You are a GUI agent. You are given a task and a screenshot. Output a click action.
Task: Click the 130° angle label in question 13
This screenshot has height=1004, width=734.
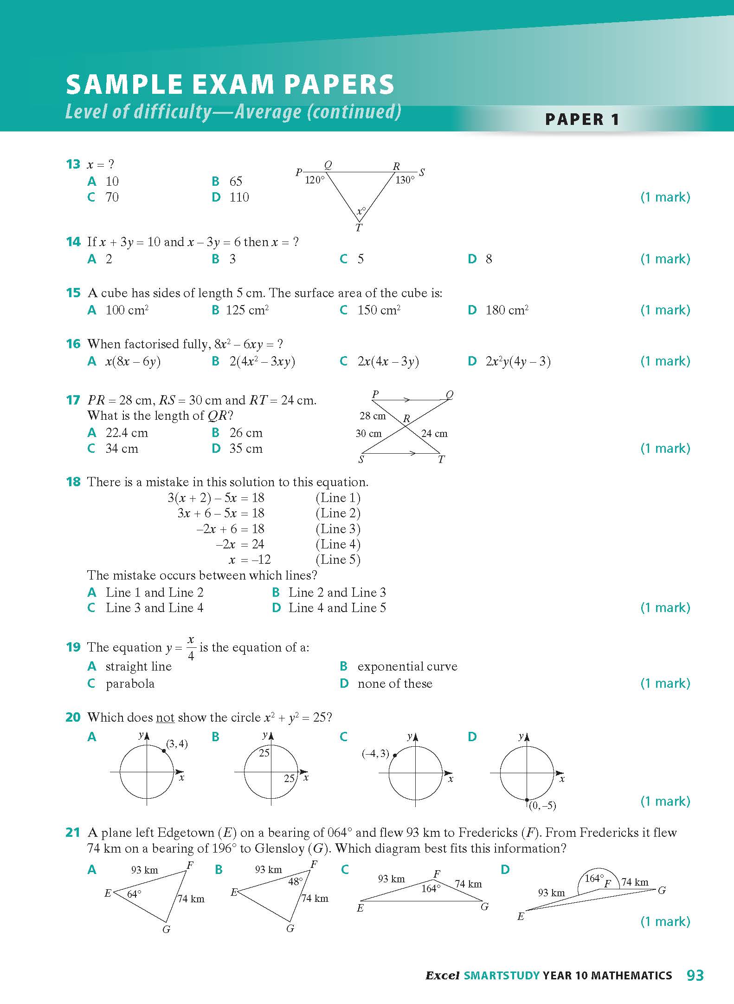coord(405,180)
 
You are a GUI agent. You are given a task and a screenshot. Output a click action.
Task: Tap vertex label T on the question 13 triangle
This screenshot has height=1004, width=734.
coord(359,228)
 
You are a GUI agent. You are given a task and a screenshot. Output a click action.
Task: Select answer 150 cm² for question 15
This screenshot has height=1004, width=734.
coord(379,310)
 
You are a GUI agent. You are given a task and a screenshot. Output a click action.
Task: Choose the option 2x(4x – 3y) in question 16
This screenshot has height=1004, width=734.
coord(388,361)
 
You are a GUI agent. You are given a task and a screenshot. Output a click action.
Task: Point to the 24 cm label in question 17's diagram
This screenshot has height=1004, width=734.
coord(434,434)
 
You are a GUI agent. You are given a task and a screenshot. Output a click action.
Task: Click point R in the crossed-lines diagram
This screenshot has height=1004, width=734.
coord(406,419)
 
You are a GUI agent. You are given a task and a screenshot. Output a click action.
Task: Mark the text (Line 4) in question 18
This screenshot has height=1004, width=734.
coord(338,544)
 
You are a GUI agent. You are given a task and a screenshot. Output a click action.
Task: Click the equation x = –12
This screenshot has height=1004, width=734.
coord(250,560)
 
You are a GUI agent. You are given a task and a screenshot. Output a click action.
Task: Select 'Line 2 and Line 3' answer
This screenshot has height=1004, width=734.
coord(337,593)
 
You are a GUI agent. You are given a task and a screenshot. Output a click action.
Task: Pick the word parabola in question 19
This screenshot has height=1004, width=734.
coord(130,684)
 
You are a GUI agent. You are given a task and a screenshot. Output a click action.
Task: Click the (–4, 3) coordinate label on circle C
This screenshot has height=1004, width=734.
coord(375,754)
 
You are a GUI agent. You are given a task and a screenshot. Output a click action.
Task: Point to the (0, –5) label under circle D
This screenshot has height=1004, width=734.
coord(542,806)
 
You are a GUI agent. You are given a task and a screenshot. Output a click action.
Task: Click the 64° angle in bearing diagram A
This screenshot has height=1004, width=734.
coord(134,894)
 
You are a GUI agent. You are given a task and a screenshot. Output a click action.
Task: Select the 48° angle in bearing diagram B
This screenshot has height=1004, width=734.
coord(295,881)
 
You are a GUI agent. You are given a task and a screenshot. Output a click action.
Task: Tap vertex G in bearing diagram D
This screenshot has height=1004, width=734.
coord(662,890)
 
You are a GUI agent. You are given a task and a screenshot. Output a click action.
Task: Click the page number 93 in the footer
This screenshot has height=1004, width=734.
coord(695,975)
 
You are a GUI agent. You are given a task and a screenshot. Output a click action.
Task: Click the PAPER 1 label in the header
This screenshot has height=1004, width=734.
coord(582,119)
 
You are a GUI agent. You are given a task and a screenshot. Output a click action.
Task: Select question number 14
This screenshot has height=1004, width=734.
coord(73,242)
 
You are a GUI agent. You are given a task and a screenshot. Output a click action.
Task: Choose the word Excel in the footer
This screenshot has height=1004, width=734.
coord(442,976)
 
